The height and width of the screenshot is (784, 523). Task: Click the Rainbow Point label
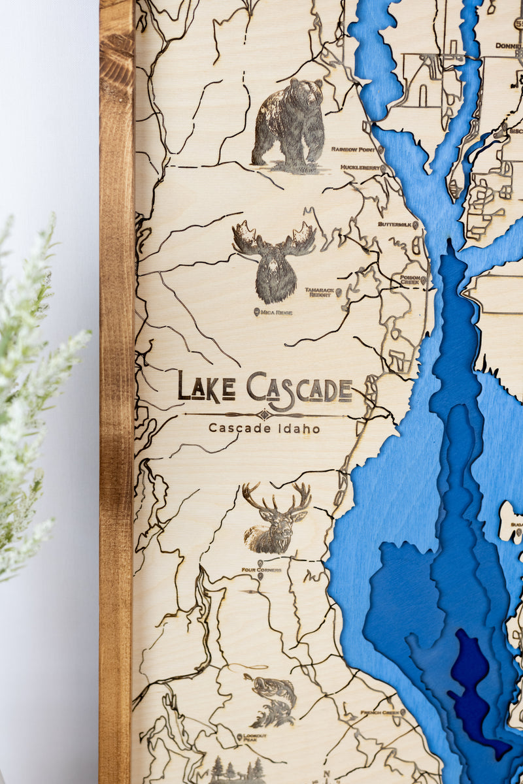click(x=353, y=150)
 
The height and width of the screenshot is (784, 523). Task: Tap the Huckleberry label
click(x=360, y=168)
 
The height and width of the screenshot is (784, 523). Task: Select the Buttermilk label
click(x=395, y=224)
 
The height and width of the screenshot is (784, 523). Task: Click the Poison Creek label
click(x=410, y=280)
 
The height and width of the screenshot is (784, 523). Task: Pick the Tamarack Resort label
click(x=320, y=291)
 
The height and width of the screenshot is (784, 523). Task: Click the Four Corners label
click(x=261, y=570)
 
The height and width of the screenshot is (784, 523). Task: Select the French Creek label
click(x=380, y=713)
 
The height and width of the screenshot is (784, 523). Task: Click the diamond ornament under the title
click(x=263, y=414)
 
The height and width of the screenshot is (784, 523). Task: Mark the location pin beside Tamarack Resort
click(x=339, y=291)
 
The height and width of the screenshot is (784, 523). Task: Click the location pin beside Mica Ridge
click(x=256, y=312)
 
